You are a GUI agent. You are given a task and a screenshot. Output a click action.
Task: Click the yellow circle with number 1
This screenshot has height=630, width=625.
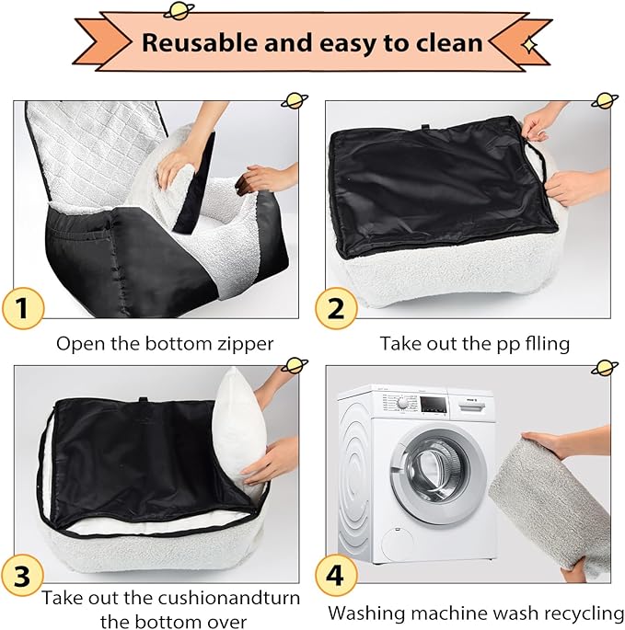pyautogui.click(x=23, y=309)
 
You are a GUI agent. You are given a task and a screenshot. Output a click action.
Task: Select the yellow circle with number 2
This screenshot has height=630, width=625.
pyautogui.click(x=336, y=309)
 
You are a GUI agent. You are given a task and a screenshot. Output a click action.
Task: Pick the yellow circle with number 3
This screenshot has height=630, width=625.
pyautogui.click(x=23, y=576)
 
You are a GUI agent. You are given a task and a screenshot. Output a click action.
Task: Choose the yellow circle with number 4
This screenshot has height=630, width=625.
pyautogui.click(x=336, y=576)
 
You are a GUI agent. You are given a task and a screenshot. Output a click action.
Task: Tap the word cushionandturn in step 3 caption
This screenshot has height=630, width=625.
pyautogui.click(x=231, y=598)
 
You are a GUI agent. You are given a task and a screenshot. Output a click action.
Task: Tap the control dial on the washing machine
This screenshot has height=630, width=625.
pyautogui.click(x=401, y=404)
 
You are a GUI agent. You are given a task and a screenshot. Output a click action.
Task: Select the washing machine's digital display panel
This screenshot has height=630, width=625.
pyautogui.click(x=434, y=405)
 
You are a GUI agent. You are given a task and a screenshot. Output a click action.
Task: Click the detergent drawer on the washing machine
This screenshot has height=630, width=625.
pyautogui.click(x=471, y=407)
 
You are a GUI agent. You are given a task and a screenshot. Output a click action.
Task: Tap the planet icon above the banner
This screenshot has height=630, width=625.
pyautogui.click(x=179, y=11)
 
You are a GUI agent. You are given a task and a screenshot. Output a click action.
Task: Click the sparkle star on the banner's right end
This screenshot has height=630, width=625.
pyautogui.click(x=529, y=44)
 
